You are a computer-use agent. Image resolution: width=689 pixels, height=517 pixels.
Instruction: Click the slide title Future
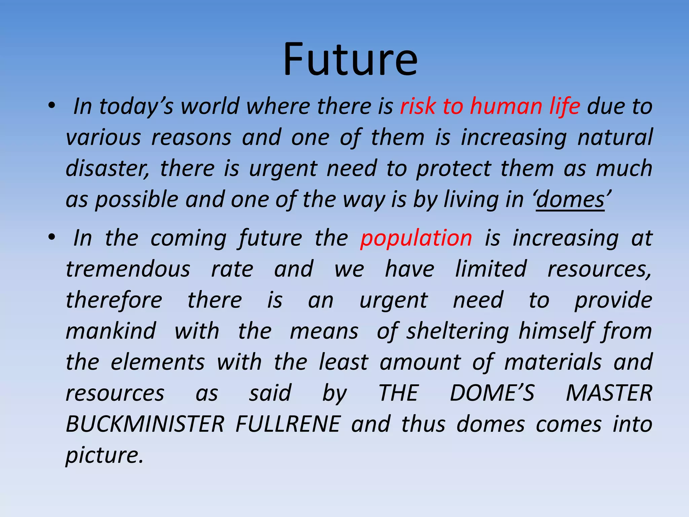point(350,60)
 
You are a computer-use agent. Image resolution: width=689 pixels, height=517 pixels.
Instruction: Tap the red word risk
point(418,106)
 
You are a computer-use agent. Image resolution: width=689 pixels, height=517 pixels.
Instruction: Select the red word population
point(416,238)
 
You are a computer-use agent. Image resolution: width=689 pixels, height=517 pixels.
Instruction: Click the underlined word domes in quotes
point(570,200)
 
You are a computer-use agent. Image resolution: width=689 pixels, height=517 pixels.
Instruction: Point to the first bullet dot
point(51,106)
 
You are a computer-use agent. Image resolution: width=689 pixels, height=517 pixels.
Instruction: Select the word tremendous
point(128,269)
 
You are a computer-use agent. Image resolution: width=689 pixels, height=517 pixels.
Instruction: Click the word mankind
point(111,331)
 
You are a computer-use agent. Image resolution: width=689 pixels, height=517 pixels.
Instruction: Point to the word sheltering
point(458,332)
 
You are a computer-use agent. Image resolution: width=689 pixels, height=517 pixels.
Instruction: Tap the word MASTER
point(609,393)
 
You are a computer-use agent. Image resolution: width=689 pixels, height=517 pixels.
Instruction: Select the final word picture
point(104,456)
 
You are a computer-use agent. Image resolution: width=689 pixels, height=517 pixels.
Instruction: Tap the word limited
point(491,269)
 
